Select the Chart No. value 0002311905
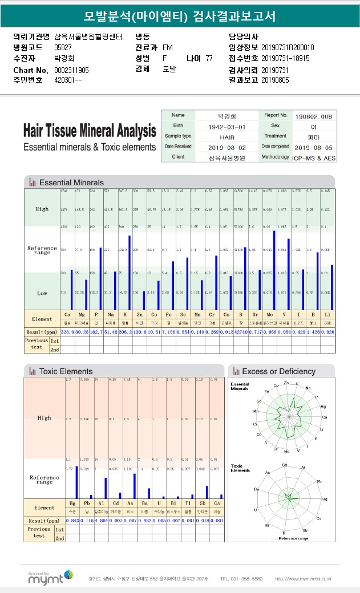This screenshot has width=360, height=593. pos(71,70)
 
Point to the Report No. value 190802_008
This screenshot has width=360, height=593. pos(314,116)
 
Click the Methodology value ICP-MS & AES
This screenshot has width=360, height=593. pos(314,157)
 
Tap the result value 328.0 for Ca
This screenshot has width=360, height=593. pos(67,331)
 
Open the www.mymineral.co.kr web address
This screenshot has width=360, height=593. pos(303,579)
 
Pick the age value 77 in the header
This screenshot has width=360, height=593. pos(209,59)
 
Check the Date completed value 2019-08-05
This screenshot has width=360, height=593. pos(314,147)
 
